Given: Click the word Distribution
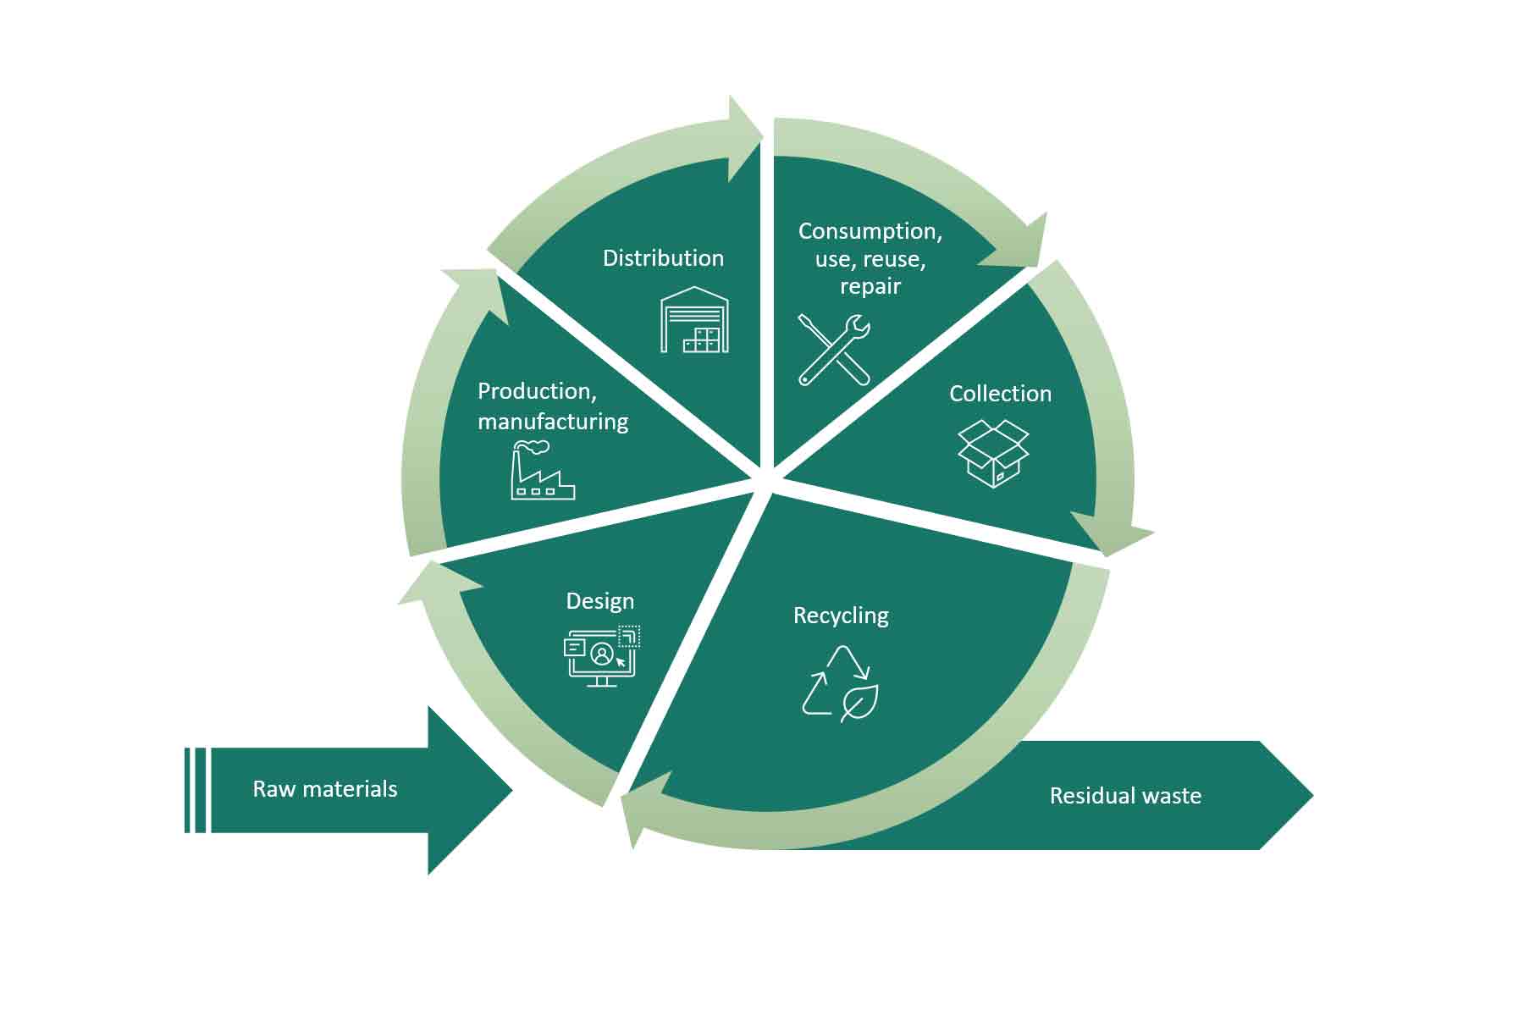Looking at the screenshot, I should [663, 258].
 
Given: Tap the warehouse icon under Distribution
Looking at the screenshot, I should [694, 320].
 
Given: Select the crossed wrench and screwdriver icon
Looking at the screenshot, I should [834, 350].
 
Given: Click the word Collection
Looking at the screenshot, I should [1000, 394].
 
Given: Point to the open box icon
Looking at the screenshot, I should [993, 453].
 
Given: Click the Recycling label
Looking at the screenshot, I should [841, 616].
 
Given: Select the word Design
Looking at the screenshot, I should [599, 601].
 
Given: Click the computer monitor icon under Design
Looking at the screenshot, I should [601, 656].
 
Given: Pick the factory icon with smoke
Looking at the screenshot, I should [542, 471].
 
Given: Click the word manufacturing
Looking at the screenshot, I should [553, 422].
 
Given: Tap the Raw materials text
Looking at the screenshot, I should [325, 789].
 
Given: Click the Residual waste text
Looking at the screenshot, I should [1125, 796].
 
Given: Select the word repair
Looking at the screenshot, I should [870, 286].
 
